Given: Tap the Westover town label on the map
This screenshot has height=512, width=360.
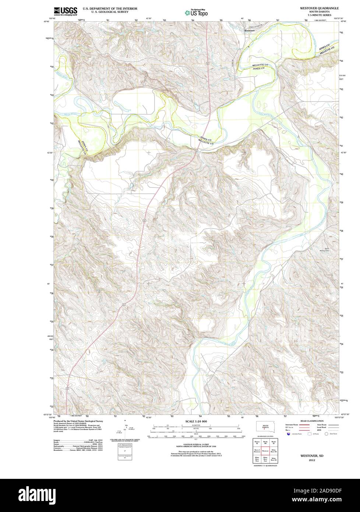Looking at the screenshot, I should point(249,31).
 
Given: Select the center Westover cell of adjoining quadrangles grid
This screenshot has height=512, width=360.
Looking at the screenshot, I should point(265,450).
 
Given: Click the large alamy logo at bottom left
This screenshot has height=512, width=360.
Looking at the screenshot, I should point(32,495).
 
